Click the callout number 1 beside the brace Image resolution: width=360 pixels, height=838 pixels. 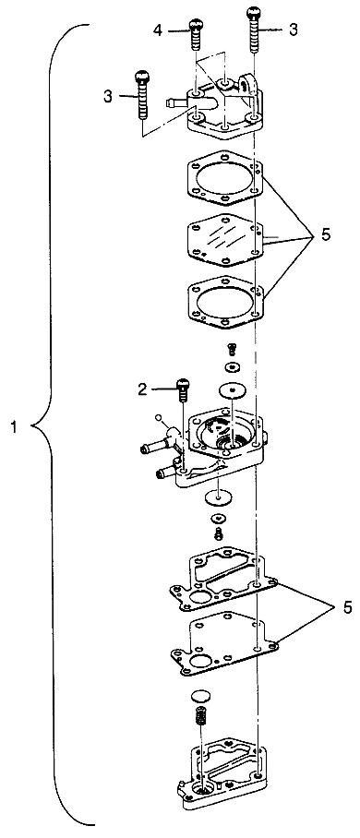pyautogui.click(x=17, y=426)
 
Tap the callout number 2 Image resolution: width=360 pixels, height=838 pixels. pyautogui.click(x=141, y=389)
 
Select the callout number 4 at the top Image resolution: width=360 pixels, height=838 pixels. pyautogui.click(x=157, y=30)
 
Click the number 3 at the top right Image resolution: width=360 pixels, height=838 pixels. pyautogui.click(x=293, y=30)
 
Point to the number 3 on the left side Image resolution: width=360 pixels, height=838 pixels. pyautogui.click(x=109, y=96)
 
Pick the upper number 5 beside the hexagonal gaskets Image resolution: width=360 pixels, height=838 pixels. pyautogui.click(x=326, y=234)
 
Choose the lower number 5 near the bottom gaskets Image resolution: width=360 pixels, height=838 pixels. pyautogui.click(x=347, y=607)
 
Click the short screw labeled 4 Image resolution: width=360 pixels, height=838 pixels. pyautogui.click(x=197, y=34)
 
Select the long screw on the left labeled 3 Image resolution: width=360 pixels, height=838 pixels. pyautogui.click(x=142, y=94)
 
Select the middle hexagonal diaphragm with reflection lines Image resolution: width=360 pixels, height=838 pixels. pyautogui.click(x=224, y=238)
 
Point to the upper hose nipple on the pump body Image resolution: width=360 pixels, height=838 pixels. pyautogui.click(x=154, y=447)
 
